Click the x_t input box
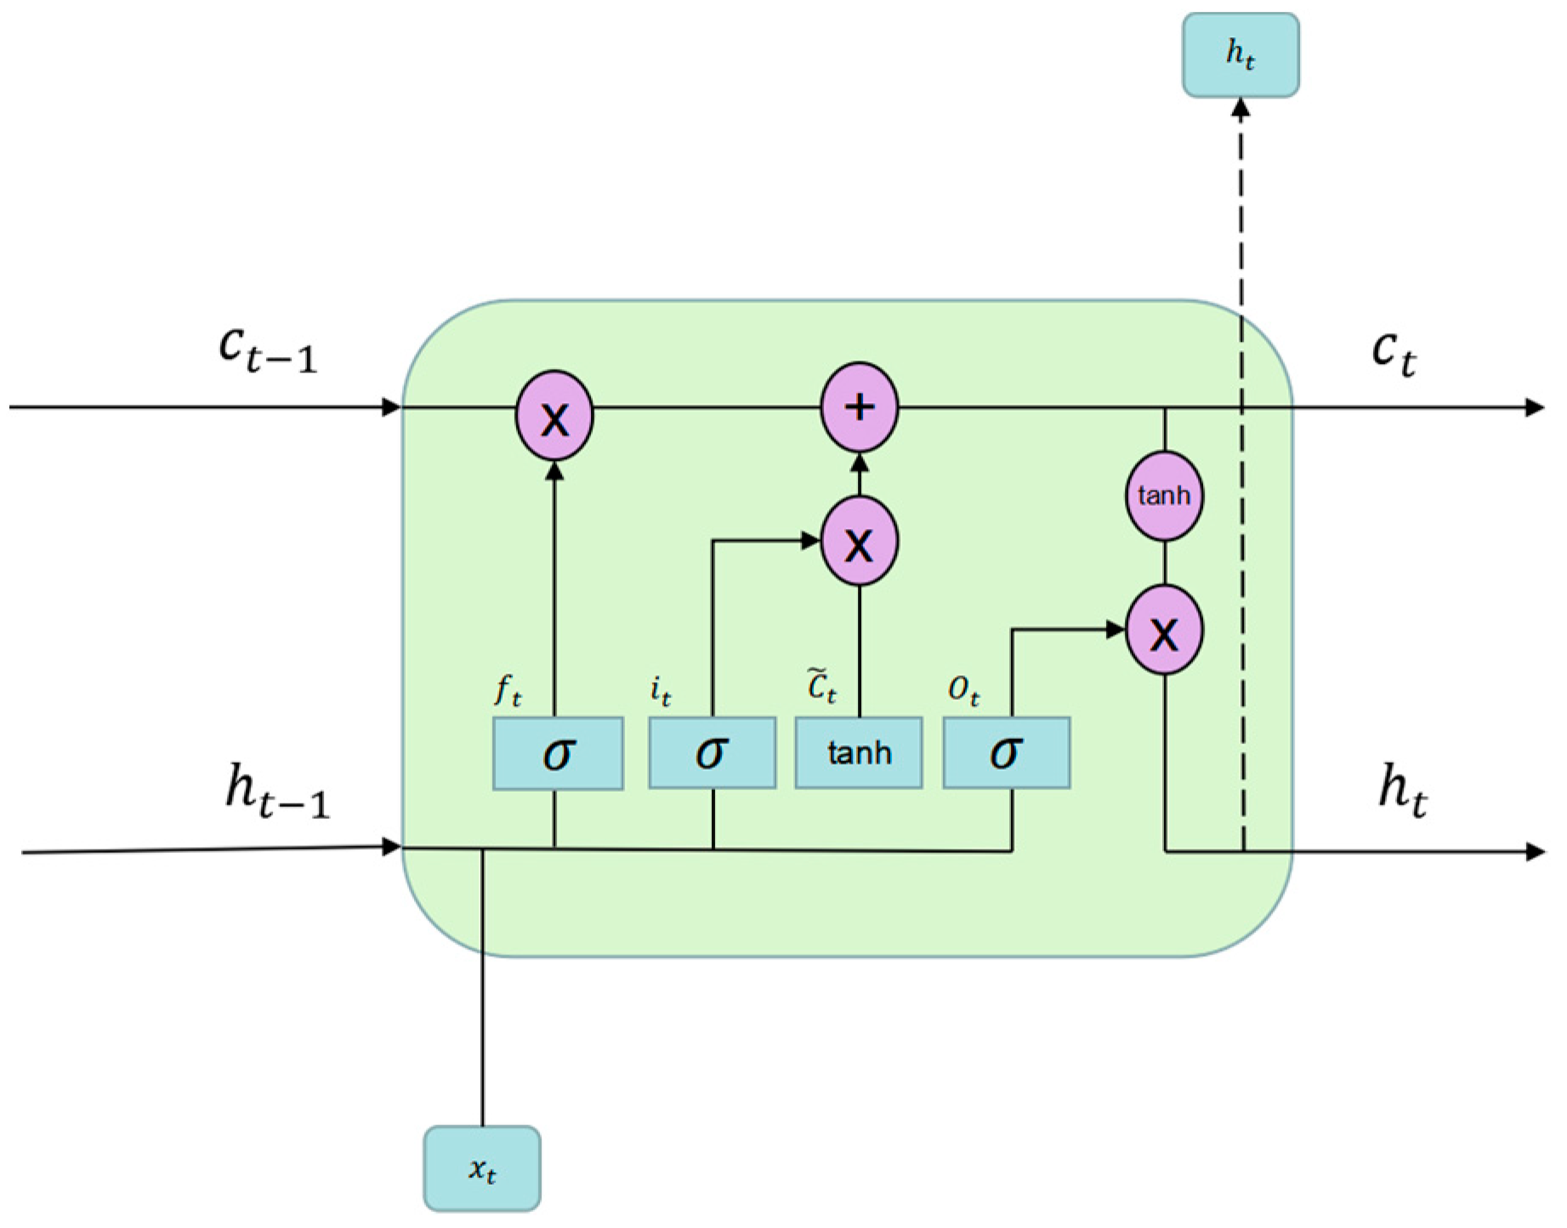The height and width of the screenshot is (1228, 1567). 482,1168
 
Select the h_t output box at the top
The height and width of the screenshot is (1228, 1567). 1241,55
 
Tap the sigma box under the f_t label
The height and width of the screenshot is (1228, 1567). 558,753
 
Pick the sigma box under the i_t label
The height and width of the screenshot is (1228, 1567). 712,753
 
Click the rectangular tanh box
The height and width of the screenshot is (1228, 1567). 859,753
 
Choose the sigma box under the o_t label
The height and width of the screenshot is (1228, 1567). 1006,753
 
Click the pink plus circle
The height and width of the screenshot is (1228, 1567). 859,407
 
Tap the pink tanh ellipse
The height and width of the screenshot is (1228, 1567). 1164,496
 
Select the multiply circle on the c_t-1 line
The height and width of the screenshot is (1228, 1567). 554,416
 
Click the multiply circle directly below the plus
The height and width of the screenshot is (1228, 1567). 859,542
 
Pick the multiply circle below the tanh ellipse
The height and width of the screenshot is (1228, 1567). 1164,631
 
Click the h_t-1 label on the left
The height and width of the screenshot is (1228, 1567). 276,792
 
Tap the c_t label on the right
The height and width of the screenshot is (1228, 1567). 1394,353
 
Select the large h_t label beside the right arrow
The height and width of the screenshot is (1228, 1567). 1402,792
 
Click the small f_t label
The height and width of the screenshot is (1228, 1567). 508,691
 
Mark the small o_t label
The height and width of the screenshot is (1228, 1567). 964,691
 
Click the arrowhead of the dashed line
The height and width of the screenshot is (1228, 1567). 1241,108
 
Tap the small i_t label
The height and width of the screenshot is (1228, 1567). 661,692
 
